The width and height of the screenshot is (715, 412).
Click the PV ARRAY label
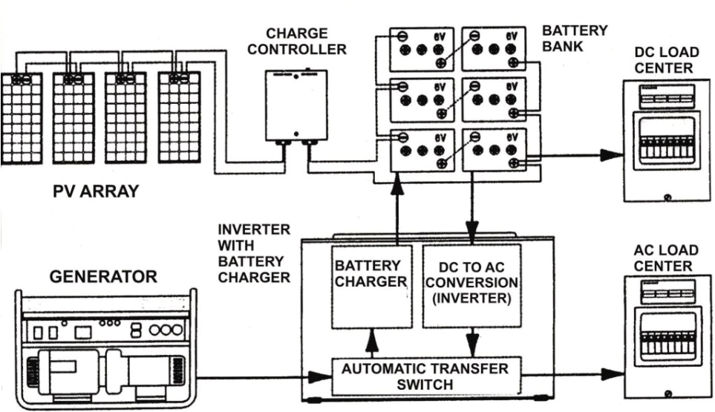[95, 191]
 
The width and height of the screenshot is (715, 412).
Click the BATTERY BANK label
[574, 38]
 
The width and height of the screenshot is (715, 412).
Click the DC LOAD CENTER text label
[665, 60]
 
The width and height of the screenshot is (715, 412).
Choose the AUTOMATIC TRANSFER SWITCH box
[426, 376]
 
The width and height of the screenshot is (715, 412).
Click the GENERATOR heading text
[103, 277]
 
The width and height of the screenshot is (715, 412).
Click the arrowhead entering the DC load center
[610, 155]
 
